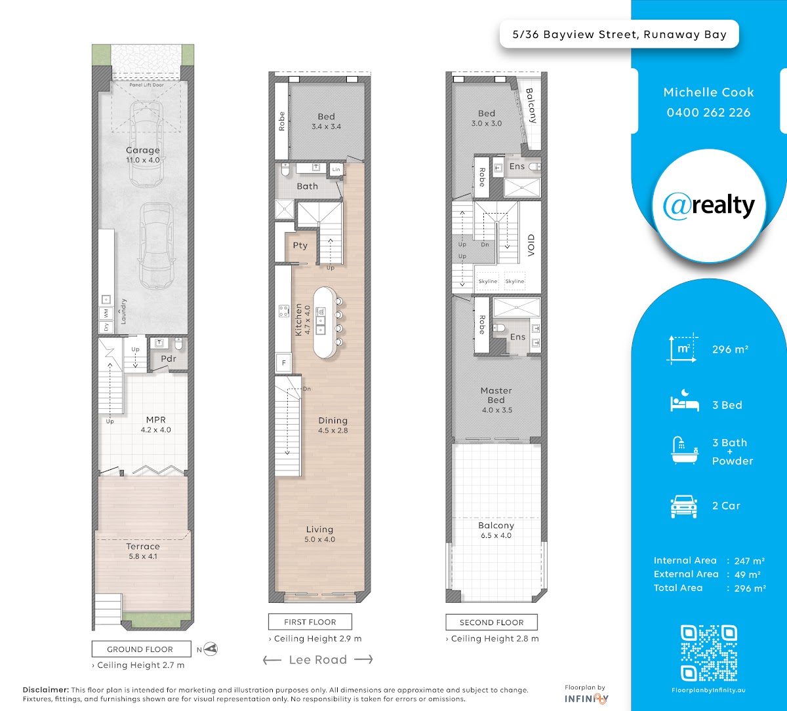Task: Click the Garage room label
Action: (x=143, y=150)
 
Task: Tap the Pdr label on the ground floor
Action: (x=169, y=358)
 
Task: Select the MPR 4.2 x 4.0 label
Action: (x=155, y=425)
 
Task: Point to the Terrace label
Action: (x=143, y=547)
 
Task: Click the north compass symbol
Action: (x=211, y=649)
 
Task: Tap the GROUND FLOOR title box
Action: (x=141, y=649)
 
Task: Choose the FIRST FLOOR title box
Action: (x=310, y=622)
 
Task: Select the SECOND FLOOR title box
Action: (x=491, y=622)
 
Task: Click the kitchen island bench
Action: (x=325, y=322)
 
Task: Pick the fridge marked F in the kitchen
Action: (x=284, y=363)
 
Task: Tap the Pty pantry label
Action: (x=300, y=246)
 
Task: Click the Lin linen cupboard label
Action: (x=336, y=170)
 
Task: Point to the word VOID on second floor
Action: (x=531, y=245)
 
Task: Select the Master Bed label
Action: (x=496, y=395)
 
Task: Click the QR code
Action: (x=708, y=653)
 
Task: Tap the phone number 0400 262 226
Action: (x=708, y=113)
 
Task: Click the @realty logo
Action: (x=708, y=206)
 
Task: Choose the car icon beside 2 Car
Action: (x=684, y=507)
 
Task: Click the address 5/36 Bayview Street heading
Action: (x=620, y=35)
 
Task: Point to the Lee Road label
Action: (x=318, y=660)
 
